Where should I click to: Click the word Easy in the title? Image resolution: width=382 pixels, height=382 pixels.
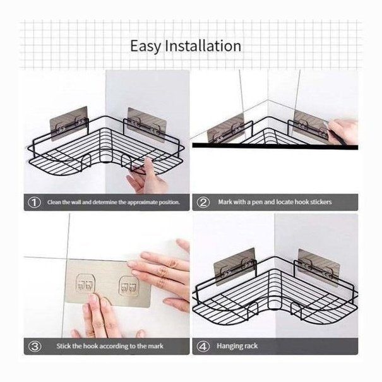click(145, 46)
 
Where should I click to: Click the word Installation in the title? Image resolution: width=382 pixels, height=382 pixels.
click(203, 45)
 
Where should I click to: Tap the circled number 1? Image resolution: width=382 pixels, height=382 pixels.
click(34, 203)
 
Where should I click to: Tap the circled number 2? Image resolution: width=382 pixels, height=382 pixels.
click(203, 202)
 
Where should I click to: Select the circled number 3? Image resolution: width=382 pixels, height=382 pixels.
click(35, 346)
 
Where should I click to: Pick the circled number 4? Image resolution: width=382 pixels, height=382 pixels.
click(203, 346)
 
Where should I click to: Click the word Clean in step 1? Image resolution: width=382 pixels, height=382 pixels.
click(54, 202)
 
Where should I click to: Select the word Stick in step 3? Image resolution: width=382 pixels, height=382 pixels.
click(64, 346)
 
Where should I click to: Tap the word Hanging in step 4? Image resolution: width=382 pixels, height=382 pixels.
click(228, 346)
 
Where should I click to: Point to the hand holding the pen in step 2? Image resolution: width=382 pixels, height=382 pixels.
click(342, 131)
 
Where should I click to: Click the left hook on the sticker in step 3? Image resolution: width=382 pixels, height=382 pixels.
click(85, 284)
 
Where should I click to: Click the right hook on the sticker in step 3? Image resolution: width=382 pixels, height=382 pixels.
click(129, 286)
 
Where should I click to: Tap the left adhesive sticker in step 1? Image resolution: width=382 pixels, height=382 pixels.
click(69, 123)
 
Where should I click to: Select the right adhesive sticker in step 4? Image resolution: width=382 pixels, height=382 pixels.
click(319, 267)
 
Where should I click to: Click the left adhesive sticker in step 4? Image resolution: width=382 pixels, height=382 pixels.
click(235, 266)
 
